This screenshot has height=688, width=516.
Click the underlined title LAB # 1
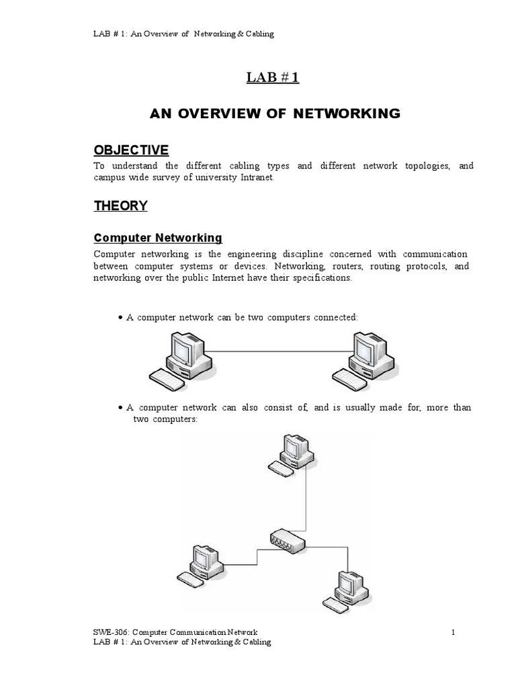click(x=273, y=78)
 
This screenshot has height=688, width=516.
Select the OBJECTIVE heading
click(x=131, y=150)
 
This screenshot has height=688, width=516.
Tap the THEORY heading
click(x=120, y=206)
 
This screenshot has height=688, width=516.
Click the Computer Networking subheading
click(x=158, y=238)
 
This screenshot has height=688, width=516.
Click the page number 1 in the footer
click(x=454, y=632)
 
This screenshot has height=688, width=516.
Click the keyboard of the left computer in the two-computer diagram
click(x=166, y=380)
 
